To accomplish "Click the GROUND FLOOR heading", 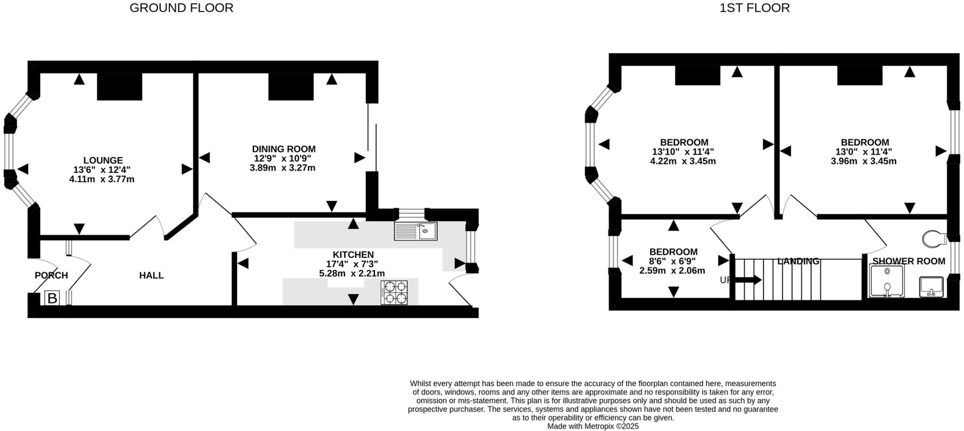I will pyautogui.click(x=181, y=8).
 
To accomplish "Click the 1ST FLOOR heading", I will pyautogui.click(x=754, y=8).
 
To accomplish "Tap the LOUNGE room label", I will pyautogui.click(x=103, y=161).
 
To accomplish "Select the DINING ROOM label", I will pyautogui.click(x=283, y=149).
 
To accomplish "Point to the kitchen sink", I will pyautogui.click(x=416, y=231).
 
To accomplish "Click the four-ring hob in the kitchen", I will pyautogui.click(x=394, y=292).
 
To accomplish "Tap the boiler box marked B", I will pyautogui.click(x=52, y=298).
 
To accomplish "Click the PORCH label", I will pyautogui.click(x=51, y=276).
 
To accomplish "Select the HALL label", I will pyautogui.click(x=151, y=276).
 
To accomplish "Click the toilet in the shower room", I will pyautogui.click(x=934, y=239).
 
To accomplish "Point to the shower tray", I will pyautogui.click(x=886, y=281).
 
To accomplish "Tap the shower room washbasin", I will pyautogui.click(x=931, y=287).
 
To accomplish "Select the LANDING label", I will pyautogui.click(x=798, y=261).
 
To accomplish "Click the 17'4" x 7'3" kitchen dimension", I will pyautogui.click(x=352, y=264).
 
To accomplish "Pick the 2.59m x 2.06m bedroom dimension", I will pyautogui.click(x=672, y=271).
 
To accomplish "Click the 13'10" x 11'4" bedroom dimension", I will pyautogui.click(x=683, y=152).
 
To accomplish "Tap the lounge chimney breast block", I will pyautogui.click(x=120, y=87).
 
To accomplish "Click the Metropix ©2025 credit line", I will pyautogui.click(x=593, y=426).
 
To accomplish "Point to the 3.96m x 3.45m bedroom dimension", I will pyautogui.click(x=863, y=161).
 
